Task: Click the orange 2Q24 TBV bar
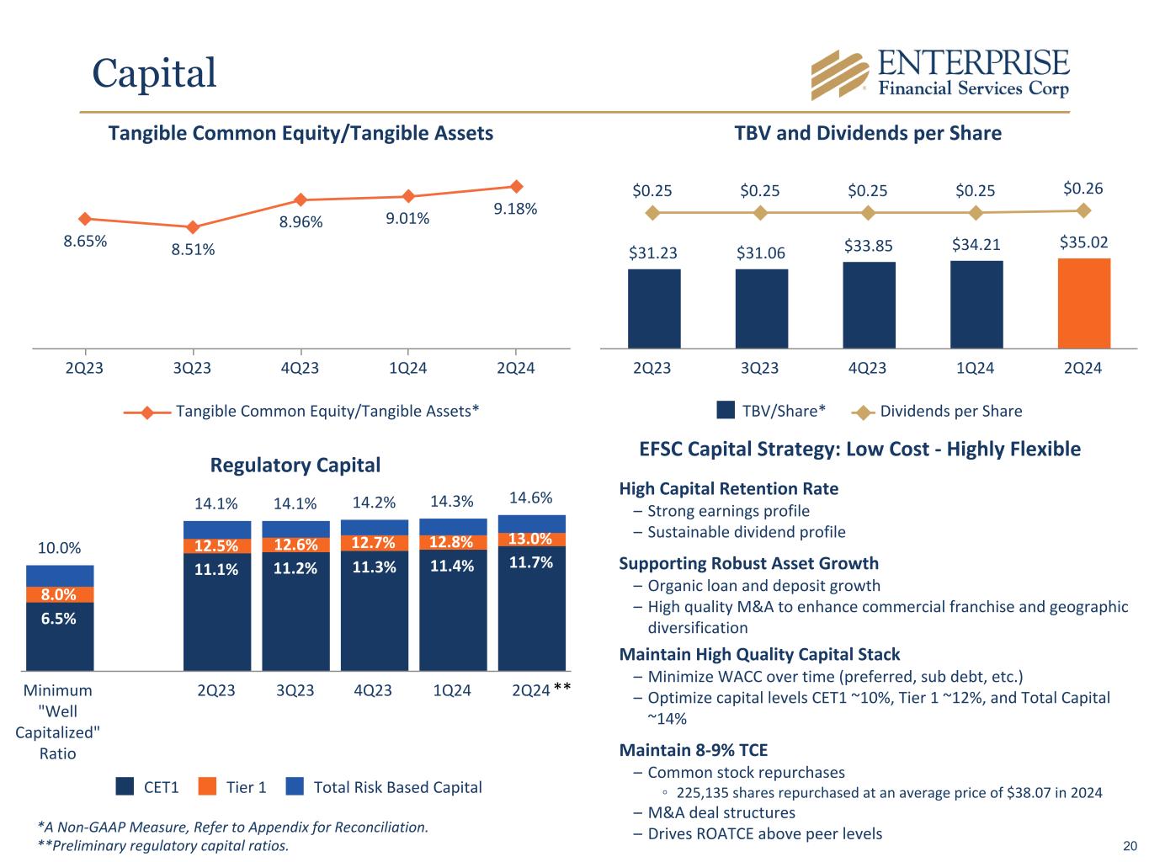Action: [x=1083, y=303]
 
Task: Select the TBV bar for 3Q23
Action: [x=761, y=308]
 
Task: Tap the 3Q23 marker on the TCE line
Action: [x=193, y=227]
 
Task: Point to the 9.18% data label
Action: [x=515, y=209]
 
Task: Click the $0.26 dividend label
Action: [x=1083, y=189]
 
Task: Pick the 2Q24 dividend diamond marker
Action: [x=1083, y=210]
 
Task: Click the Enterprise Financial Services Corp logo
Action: [x=939, y=74]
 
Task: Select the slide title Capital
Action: [x=154, y=72]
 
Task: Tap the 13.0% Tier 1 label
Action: [x=531, y=539]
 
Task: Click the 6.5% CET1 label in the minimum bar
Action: [x=60, y=619]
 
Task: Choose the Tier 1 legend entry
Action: [x=232, y=787]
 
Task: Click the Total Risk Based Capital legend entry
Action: [x=383, y=787]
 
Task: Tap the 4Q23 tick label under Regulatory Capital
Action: [x=373, y=690]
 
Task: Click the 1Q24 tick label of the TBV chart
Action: [x=975, y=368]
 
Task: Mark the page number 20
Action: [x=1130, y=846]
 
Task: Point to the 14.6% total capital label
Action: [x=530, y=498]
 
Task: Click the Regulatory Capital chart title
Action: [x=295, y=465]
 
